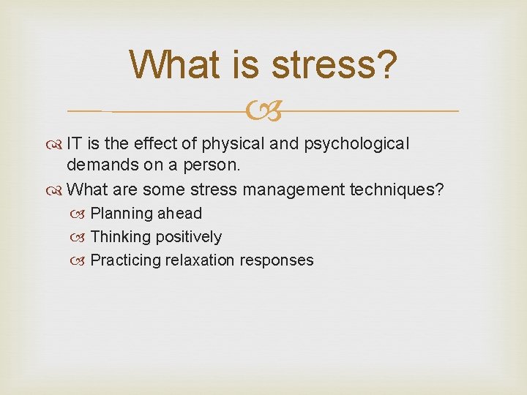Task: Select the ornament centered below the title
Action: tap(264, 111)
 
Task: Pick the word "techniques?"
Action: tap(397, 189)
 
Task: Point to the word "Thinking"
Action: tap(119, 236)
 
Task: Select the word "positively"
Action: tap(187, 236)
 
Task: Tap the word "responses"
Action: tap(280, 260)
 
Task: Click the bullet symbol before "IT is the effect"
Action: tap(56, 144)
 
